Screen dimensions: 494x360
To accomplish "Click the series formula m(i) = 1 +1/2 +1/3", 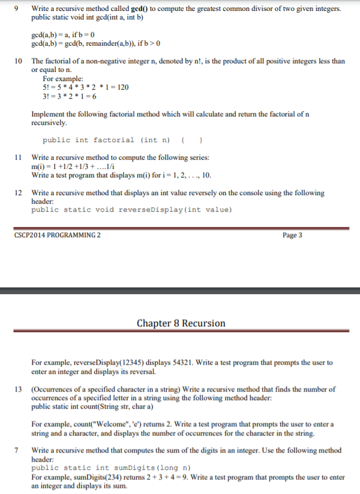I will tap(73, 166).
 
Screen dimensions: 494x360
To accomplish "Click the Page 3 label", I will tap(293, 235).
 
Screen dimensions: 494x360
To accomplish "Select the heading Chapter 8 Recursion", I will tap(181, 323).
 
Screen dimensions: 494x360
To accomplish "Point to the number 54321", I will tap(181, 362).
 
